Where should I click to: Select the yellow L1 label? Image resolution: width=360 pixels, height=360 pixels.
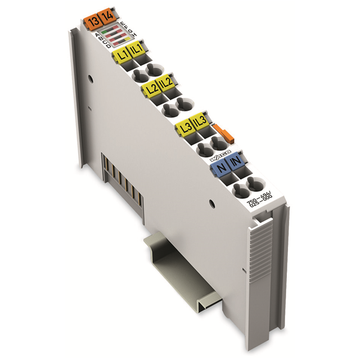click(x=120, y=55)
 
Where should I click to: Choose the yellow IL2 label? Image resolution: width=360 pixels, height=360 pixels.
click(x=166, y=87)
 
